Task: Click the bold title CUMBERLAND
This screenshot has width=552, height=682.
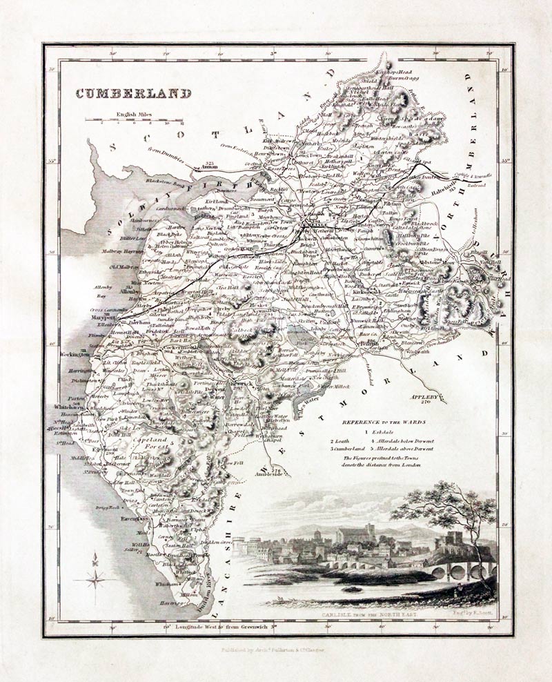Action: tap(132, 94)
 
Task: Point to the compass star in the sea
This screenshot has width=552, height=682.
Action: tap(95, 578)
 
